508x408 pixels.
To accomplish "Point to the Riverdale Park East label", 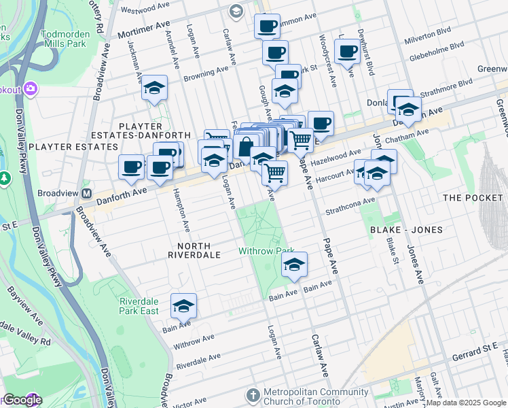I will pyautogui.click(x=139, y=306).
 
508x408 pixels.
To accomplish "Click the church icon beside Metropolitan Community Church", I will pyautogui.click(x=253, y=395).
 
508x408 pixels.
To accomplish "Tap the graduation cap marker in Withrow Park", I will pyautogui.click(x=294, y=265).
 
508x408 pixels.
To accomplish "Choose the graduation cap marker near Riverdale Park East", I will pyautogui.click(x=183, y=307).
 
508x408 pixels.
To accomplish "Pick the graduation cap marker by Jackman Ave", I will pyautogui.click(x=155, y=88).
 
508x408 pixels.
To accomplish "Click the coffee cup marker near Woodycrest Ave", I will pyautogui.click(x=347, y=51).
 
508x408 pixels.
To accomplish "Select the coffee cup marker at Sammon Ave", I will pyautogui.click(x=267, y=26).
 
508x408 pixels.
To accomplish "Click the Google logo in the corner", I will pyautogui.click(x=22, y=400).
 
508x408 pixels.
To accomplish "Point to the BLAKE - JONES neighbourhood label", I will pyautogui.click(x=406, y=230).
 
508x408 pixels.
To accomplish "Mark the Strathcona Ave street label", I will pyautogui.click(x=350, y=205).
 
